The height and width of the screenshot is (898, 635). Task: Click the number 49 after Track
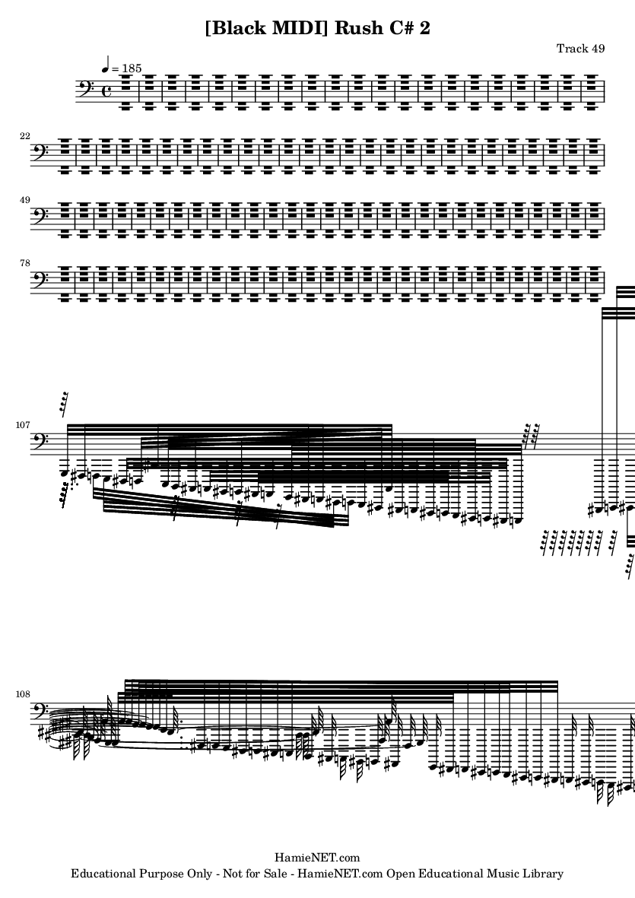(x=598, y=48)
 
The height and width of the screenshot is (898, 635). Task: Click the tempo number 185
(x=131, y=68)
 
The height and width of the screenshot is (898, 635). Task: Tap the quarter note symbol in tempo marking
(x=106, y=64)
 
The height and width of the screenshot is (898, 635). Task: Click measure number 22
(x=24, y=136)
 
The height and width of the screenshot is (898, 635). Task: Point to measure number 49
(x=24, y=200)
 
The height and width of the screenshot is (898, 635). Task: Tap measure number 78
(x=24, y=263)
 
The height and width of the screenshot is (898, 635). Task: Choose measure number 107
(x=23, y=425)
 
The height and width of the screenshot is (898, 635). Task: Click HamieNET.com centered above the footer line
(x=317, y=858)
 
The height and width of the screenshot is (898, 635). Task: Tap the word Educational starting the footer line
(x=102, y=874)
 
